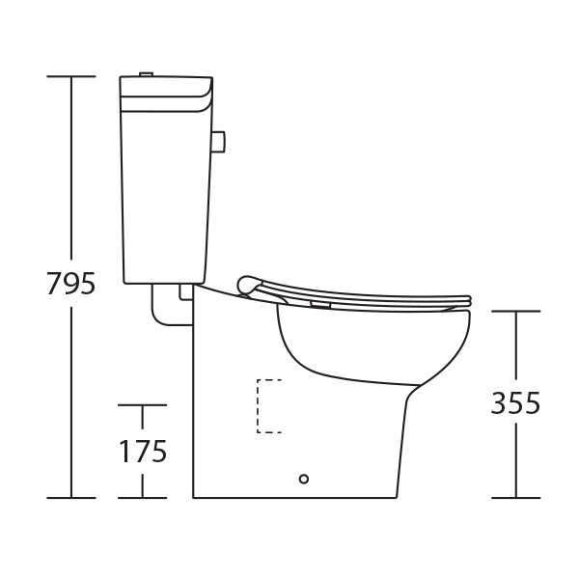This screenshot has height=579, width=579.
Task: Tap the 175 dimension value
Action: [143, 451]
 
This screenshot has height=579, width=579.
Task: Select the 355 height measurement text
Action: [513, 403]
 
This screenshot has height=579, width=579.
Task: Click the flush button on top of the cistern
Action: [147, 73]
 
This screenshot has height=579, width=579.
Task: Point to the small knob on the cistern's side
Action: [219, 142]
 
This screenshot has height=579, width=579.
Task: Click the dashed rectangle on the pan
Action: [267, 405]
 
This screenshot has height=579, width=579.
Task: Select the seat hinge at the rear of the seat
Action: [249, 284]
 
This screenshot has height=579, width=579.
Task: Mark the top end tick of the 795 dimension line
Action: [72, 76]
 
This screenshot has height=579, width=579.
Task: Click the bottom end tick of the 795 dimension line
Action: [72, 498]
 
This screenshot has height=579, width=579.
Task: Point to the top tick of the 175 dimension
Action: [143, 406]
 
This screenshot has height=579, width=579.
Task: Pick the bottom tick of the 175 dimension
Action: [143, 498]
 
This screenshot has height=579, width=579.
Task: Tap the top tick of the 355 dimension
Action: [514, 312]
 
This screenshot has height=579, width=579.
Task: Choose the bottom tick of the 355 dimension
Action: [514, 498]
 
